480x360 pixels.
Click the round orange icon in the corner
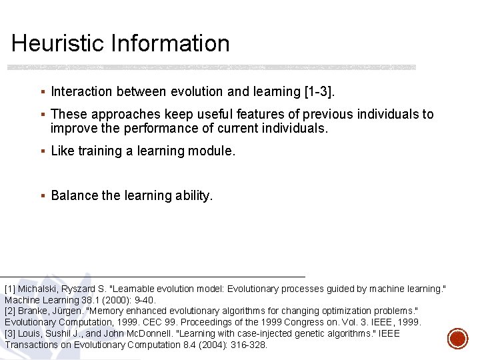click(x=457, y=338)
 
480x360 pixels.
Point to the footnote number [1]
click(x=10, y=289)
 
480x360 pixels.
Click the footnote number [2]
click(x=10, y=311)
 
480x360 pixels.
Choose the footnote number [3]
click(x=10, y=333)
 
